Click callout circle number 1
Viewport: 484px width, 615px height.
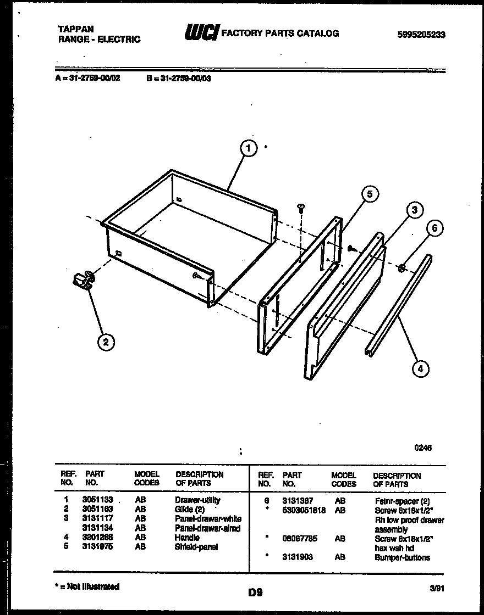click(x=249, y=148)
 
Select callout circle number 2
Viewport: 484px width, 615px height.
click(x=106, y=343)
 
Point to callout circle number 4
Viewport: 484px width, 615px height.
click(x=420, y=369)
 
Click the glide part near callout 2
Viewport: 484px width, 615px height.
click(x=83, y=281)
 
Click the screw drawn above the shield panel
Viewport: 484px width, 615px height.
click(x=301, y=208)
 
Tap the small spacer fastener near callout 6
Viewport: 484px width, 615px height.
click(x=402, y=268)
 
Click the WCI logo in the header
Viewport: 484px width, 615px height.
click(x=201, y=33)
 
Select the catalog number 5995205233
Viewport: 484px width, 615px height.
click(x=421, y=34)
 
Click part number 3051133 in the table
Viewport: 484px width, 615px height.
click(x=97, y=500)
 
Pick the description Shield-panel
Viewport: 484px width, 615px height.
click(x=196, y=547)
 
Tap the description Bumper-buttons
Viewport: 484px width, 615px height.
click(x=403, y=558)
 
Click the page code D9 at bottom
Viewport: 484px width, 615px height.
click(x=255, y=592)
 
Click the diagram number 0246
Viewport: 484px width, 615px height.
click(x=423, y=448)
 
